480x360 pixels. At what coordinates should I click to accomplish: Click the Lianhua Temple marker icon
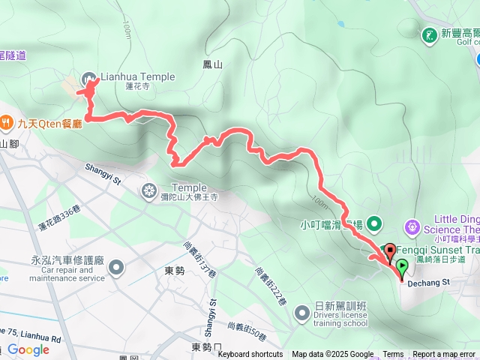tap(90, 77)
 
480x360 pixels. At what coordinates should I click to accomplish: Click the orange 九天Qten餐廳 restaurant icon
tap(6, 121)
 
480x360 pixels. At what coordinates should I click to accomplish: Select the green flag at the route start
tap(403, 266)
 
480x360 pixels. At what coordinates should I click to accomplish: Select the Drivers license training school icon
tap(302, 311)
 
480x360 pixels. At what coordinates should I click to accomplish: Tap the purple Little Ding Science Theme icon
tap(412, 225)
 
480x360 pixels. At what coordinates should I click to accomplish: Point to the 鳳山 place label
tap(213, 65)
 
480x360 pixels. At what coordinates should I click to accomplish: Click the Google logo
tap(28, 349)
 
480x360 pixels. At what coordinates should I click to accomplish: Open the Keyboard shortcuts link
tap(250, 355)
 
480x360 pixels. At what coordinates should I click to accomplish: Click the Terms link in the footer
tap(393, 355)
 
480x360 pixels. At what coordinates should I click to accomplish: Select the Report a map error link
tap(444, 355)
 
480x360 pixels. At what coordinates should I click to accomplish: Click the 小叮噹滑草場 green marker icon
tap(375, 223)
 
